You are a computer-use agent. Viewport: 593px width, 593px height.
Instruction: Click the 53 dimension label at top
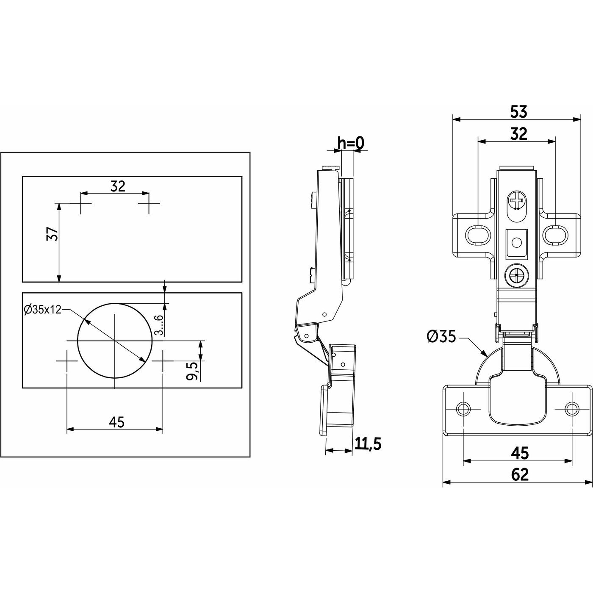[518, 112]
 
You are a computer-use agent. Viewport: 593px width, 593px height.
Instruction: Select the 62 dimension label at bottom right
[520, 474]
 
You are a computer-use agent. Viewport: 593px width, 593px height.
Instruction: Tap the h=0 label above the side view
[351, 144]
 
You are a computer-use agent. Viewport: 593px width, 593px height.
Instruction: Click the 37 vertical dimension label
[52, 234]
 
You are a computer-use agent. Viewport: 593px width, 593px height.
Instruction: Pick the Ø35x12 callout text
[43, 310]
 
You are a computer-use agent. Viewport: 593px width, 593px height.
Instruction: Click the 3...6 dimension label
[159, 325]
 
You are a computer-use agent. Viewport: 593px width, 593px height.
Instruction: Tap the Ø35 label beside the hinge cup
[441, 337]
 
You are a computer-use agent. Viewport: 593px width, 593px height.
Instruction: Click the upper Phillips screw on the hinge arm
[517, 201]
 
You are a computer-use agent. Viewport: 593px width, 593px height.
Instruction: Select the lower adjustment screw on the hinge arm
[517, 277]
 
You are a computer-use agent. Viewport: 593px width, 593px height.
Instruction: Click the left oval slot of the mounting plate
[478, 236]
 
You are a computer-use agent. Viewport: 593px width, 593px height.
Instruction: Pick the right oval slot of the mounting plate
[555, 236]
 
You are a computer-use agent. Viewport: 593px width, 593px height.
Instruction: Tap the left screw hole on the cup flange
[463, 409]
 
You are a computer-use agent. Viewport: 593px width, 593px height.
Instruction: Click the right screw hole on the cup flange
[572, 409]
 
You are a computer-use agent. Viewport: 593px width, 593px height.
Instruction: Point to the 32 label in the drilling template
[118, 186]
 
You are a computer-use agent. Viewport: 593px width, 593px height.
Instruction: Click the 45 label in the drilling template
[116, 422]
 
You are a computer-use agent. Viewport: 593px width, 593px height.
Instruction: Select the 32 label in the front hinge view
[518, 134]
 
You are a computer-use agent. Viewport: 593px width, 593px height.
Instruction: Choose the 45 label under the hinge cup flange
[520, 453]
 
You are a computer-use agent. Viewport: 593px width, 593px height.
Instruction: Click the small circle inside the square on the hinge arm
[516, 243]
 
